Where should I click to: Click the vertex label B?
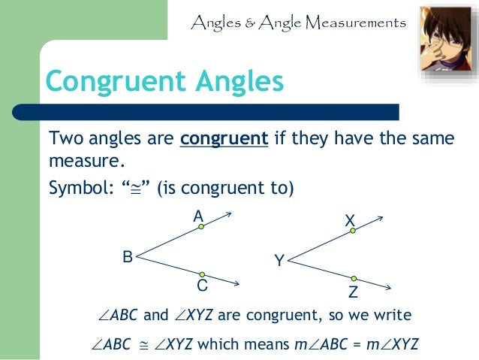coord(128,257)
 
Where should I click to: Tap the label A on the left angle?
coord(198,217)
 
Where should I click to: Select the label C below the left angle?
coord(202,286)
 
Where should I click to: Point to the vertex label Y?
coord(279,261)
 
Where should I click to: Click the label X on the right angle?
coord(349,221)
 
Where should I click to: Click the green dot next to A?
coord(202,227)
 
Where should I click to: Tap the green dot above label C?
coord(202,274)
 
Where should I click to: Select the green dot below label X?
coord(353,231)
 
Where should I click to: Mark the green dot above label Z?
coord(354,279)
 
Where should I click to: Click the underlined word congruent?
coord(224,140)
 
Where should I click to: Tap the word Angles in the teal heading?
coord(238,80)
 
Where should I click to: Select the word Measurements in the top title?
coord(354,23)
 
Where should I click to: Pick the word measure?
coord(83,161)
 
